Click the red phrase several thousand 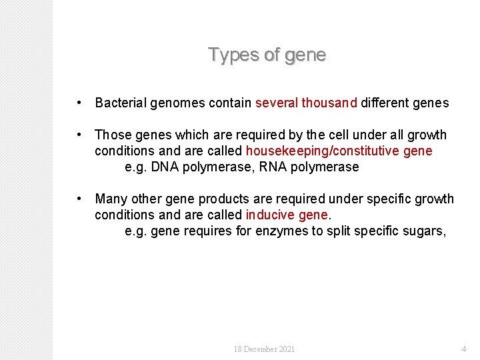coord(306,103)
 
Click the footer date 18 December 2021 coord(264,349)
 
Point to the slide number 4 coord(464,349)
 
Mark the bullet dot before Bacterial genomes coord(79,103)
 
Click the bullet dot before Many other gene coord(79,199)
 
